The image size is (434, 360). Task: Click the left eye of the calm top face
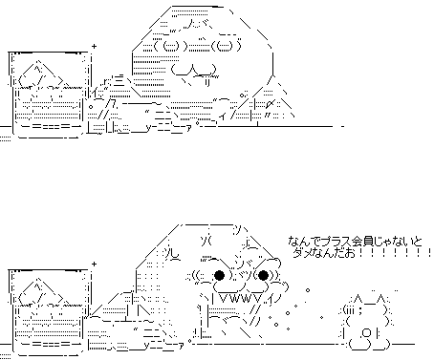click(171, 46)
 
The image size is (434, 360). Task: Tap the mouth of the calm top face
click(193, 70)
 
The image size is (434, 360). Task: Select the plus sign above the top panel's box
click(94, 46)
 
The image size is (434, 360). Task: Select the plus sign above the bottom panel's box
click(94, 264)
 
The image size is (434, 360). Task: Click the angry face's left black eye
click(220, 275)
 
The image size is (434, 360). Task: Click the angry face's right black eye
click(263, 275)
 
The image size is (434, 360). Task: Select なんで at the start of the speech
click(305, 242)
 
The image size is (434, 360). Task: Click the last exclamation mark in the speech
click(430, 253)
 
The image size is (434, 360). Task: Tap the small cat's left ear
click(358, 299)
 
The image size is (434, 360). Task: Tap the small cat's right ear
click(380, 299)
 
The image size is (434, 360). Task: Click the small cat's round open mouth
click(367, 334)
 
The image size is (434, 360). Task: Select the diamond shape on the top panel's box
click(41, 74)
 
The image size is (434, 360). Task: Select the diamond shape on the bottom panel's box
click(41, 291)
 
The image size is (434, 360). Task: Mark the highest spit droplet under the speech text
click(308, 290)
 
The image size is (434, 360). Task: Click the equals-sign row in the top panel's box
click(50, 126)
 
